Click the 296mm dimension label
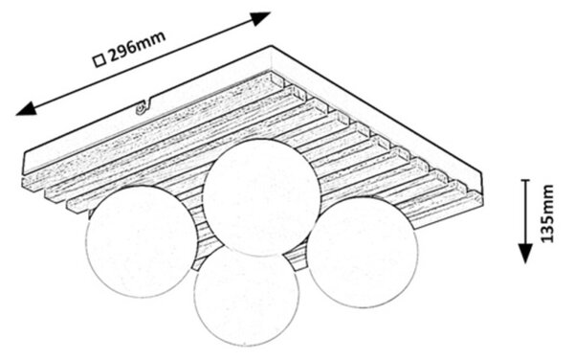tap(137, 48)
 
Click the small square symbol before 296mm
tap(99, 60)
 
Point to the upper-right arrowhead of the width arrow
tap(260, 17)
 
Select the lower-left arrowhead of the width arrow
tap(27, 109)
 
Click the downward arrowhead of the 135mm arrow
tap(525, 253)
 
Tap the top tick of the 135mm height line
tap(525, 180)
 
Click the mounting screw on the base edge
tap(140, 109)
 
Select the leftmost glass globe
tap(141, 241)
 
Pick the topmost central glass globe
tap(261, 197)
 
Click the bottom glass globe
tap(246, 295)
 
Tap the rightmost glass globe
tap(362, 252)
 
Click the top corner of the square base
tap(272, 46)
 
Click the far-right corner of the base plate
tap(482, 173)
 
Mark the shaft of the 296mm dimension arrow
tap(143, 63)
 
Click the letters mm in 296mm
tap(153, 41)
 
